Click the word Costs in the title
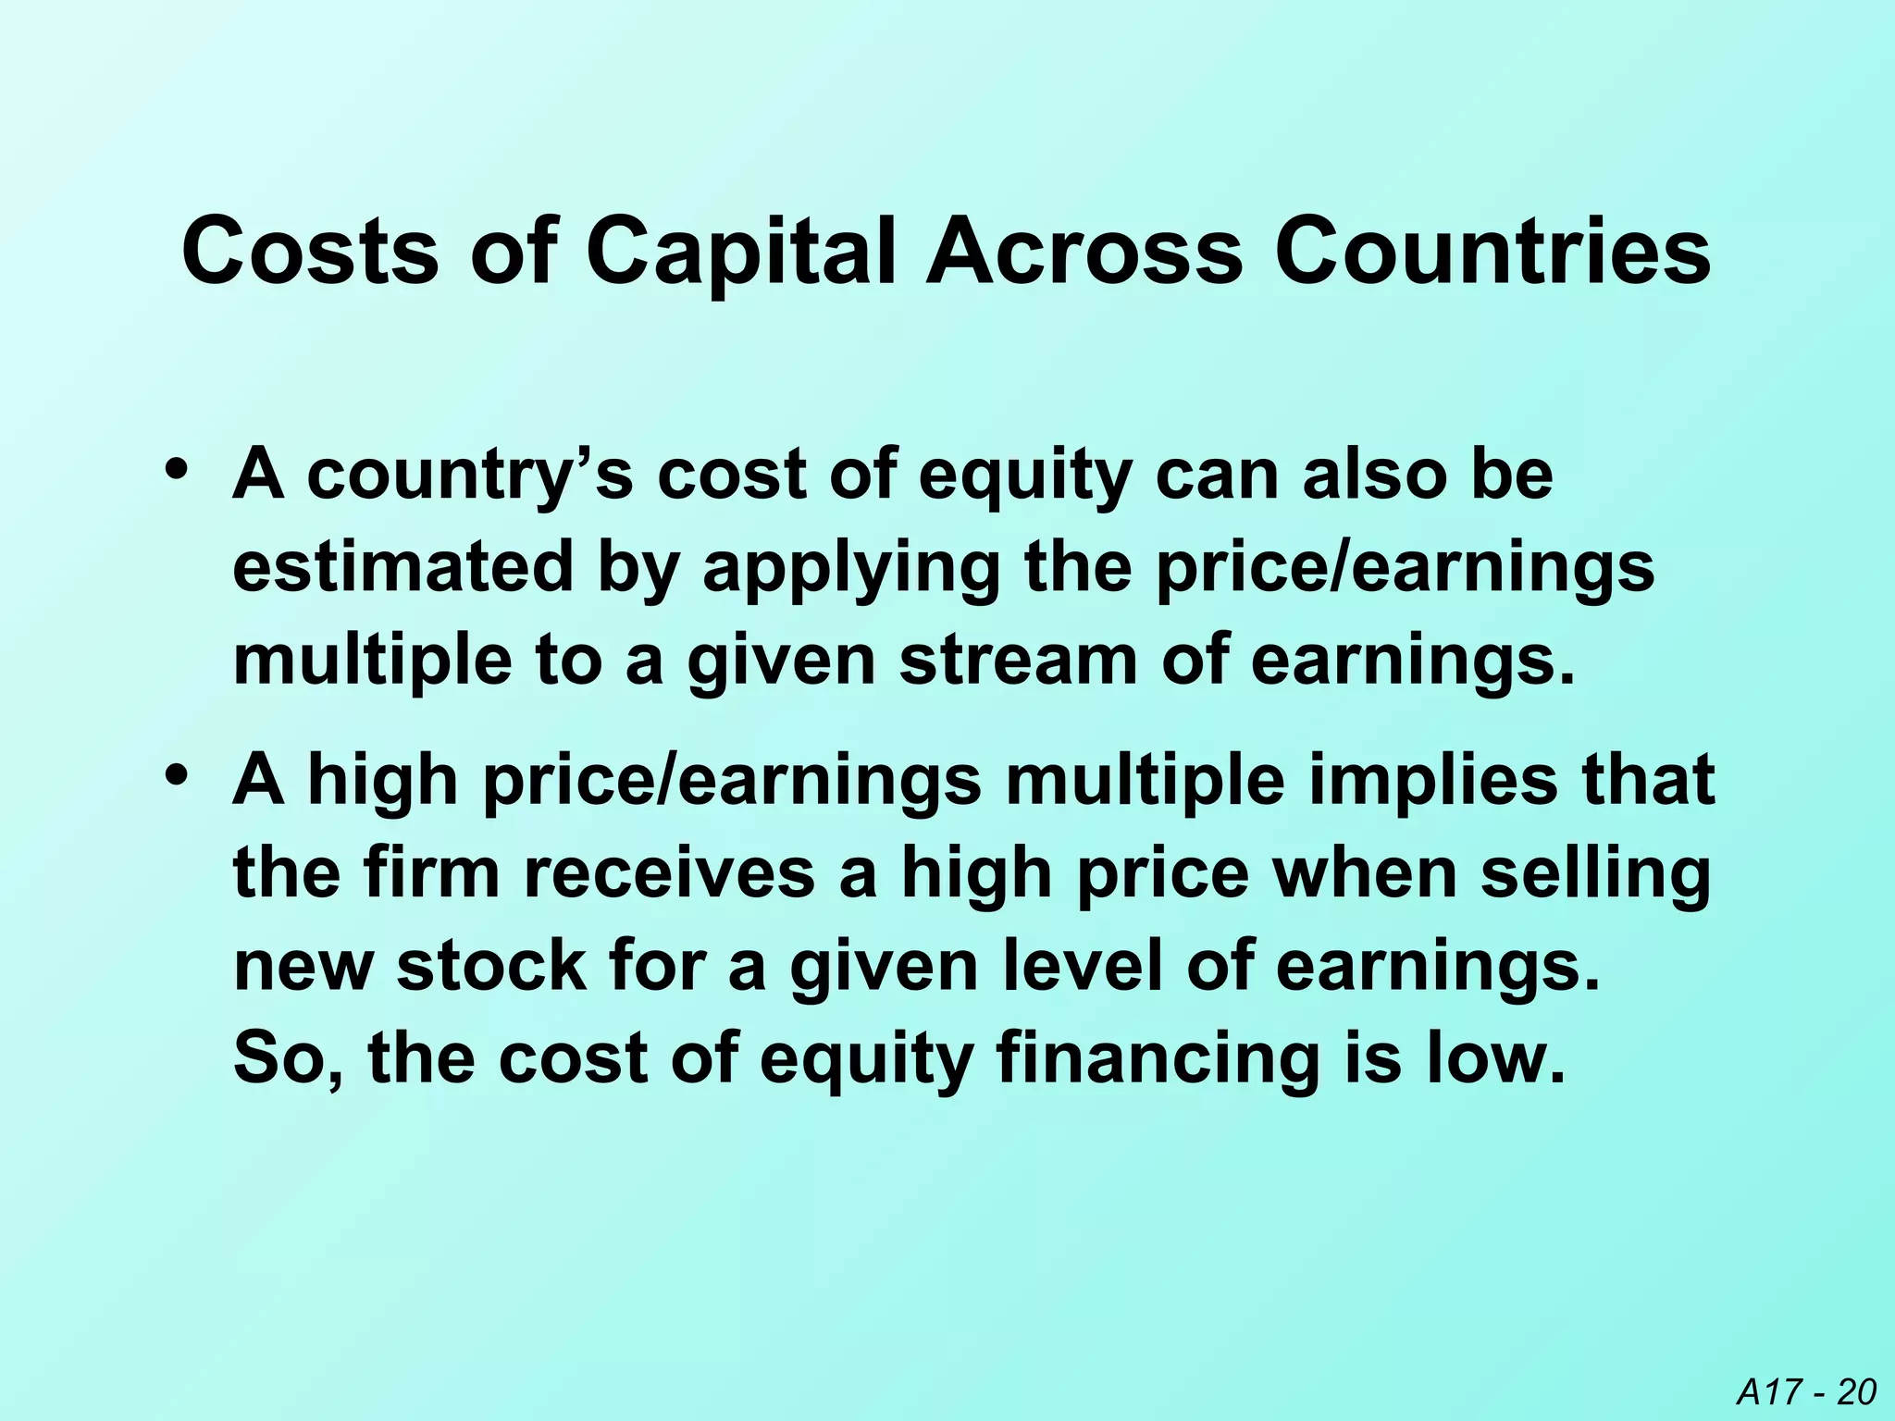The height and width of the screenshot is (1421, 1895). [310, 252]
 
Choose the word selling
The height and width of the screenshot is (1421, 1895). [1595, 875]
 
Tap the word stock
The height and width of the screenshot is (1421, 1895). [491, 966]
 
